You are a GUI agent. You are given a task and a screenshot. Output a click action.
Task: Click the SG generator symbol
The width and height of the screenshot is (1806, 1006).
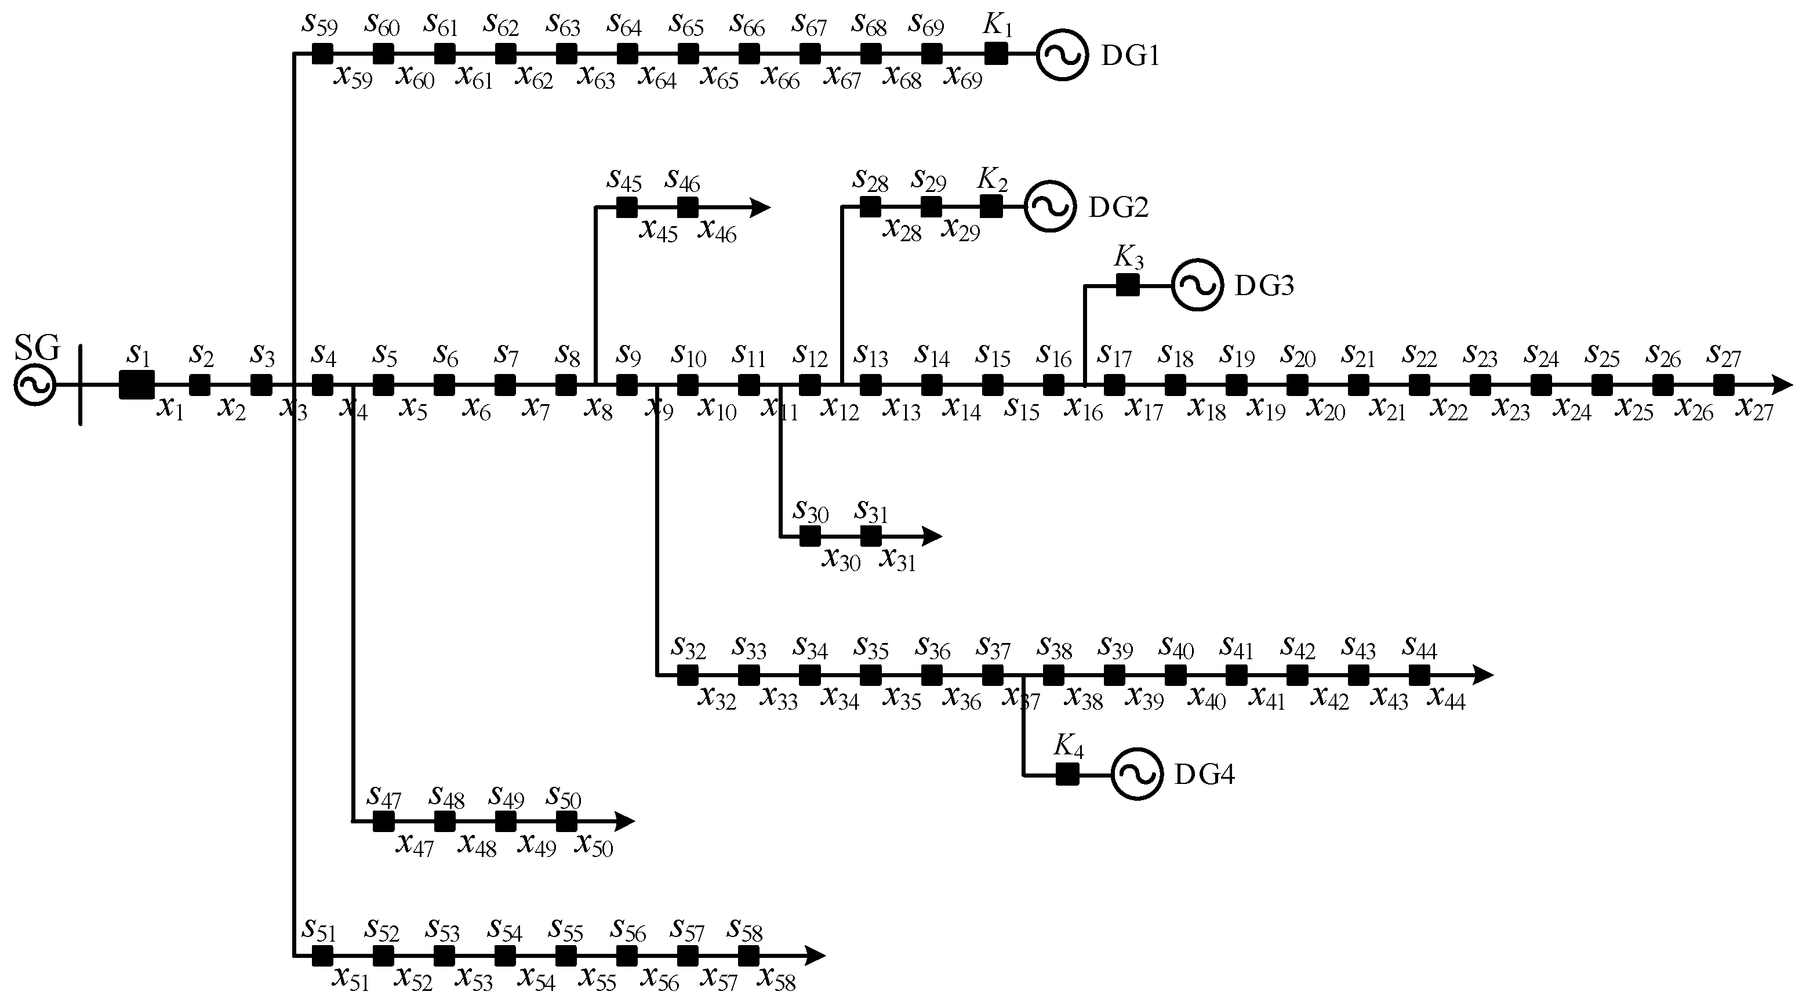tap(35, 385)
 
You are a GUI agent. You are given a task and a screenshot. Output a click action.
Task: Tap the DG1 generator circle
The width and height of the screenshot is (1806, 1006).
tap(1062, 55)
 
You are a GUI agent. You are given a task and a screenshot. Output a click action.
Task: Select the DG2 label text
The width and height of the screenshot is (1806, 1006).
tap(1118, 208)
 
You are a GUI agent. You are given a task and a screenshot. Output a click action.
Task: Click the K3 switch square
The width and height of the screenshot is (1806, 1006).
tap(1127, 285)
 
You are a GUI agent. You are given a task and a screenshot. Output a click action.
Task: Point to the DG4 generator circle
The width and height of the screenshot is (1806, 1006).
tap(1136, 775)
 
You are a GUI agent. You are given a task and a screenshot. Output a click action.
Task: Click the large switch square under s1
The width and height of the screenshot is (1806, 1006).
tap(137, 385)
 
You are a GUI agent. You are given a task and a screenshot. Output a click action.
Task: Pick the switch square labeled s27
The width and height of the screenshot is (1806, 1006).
tap(1723, 385)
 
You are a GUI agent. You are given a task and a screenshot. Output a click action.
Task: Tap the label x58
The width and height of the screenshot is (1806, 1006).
tap(777, 979)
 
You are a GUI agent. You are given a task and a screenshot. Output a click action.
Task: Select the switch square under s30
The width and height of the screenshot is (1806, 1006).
tap(810, 536)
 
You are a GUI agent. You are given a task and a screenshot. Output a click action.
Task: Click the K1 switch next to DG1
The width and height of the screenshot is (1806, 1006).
tap(995, 53)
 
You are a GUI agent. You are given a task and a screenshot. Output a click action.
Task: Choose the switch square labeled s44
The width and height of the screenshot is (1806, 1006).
tap(1419, 675)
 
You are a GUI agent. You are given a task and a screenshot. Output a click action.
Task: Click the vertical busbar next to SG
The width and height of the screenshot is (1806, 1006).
tap(81, 385)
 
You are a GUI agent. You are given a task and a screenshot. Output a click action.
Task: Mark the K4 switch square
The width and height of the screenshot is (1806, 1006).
tap(1067, 775)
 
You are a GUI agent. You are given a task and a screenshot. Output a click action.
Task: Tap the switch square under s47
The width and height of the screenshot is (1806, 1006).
tap(383, 821)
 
